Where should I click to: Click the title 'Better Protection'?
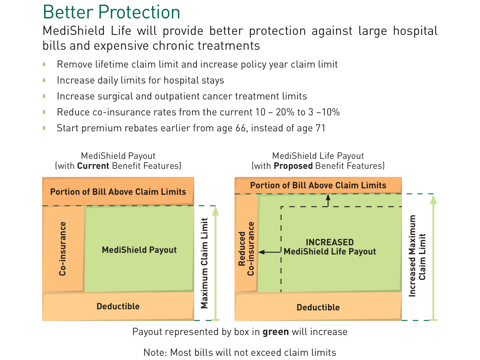coord(111,12)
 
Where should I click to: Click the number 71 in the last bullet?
coord(320,128)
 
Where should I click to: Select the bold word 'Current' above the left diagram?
coord(93,166)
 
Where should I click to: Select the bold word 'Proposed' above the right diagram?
coord(293,166)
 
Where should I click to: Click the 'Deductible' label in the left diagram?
coord(118,306)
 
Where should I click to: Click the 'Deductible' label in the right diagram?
coord(318,307)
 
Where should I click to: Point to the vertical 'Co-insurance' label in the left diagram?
coord(62,248)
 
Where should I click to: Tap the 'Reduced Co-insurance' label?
coord(246,249)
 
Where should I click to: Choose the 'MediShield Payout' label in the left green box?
coord(139,250)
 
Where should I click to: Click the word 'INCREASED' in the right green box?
coord(329,242)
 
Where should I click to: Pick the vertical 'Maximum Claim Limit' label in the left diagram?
coord(204,263)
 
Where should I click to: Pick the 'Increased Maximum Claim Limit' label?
coord(417,256)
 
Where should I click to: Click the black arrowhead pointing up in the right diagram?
coord(328,197)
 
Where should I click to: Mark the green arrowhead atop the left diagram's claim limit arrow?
coord(215,211)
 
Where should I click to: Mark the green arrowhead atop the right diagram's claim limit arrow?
coord(433,199)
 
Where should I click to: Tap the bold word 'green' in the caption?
coord(275,332)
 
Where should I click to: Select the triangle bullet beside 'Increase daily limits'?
coord(44,80)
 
